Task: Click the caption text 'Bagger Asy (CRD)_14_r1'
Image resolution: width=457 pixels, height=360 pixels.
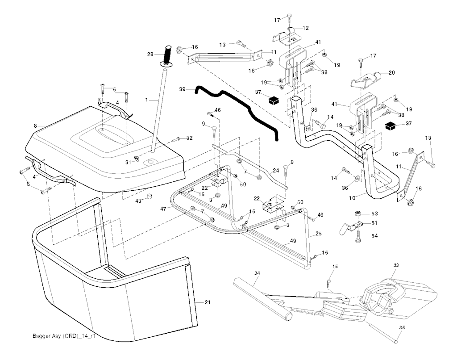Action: click(x=64, y=336)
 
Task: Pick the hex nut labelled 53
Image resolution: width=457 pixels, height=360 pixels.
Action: click(x=357, y=213)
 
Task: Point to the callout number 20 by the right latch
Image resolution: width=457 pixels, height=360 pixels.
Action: click(x=392, y=72)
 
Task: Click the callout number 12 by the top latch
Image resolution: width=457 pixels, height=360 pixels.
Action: click(x=306, y=28)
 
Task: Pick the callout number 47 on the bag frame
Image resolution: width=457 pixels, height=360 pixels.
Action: click(x=163, y=209)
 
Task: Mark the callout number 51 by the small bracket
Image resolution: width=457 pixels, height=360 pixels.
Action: click(x=374, y=223)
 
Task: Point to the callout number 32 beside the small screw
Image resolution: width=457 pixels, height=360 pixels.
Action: click(x=189, y=138)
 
